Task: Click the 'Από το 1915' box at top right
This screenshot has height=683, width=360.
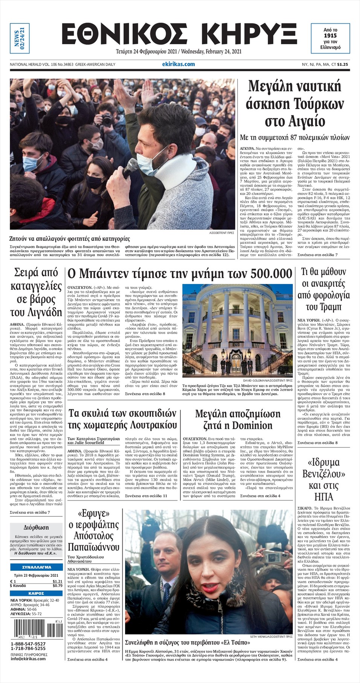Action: (x=330, y=38)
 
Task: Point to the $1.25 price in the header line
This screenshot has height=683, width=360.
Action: (x=342, y=64)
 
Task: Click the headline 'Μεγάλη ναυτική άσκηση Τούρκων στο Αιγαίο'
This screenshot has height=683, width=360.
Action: (x=294, y=103)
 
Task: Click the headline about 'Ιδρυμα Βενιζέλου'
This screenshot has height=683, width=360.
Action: (x=323, y=479)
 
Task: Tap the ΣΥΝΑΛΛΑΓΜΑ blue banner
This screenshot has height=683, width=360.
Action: (x=37, y=567)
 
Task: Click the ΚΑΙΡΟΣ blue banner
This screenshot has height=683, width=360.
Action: (x=37, y=593)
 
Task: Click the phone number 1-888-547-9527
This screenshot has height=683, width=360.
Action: (x=28, y=644)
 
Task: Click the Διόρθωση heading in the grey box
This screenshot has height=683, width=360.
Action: (x=36, y=527)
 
